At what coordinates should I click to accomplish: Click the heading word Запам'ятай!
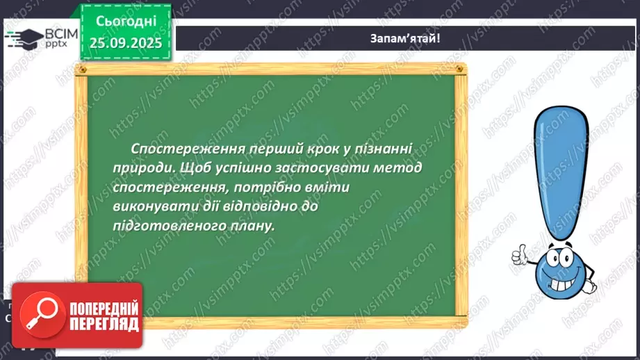click(x=406, y=38)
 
